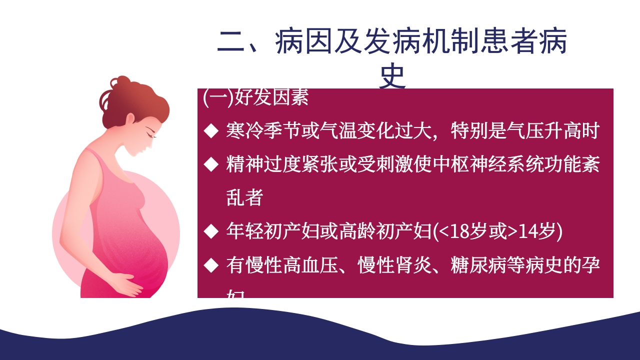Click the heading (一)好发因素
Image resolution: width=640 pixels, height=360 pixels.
256,97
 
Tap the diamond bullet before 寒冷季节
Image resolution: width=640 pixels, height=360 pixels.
211,131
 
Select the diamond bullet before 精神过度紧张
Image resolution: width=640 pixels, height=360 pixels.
211,163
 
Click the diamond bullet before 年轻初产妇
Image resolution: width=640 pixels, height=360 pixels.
211,231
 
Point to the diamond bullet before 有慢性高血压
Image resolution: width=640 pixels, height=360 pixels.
211,264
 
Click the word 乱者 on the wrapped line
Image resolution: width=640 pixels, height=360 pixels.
244,198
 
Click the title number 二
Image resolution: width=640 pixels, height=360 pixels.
232,42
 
